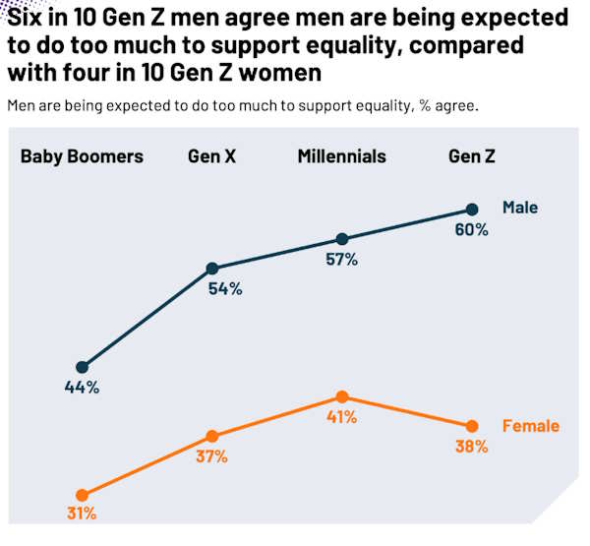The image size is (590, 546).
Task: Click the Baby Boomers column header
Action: click(x=82, y=156)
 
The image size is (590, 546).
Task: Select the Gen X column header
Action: click(x=211, y=156)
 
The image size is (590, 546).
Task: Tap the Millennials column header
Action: click(x=341, y=156)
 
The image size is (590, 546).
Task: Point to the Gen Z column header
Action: click(x=471, y=156)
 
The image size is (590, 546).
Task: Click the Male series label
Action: click(x=520, y=208)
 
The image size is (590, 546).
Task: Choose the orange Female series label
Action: click(x=530, y=426)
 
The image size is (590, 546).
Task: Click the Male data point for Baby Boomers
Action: click(x=82, y=367)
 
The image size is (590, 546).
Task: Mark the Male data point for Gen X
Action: click(x=211, y=269)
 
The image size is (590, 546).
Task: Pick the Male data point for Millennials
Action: click(x=341, y=239)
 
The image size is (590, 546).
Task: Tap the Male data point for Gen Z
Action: click(x=472, y=210)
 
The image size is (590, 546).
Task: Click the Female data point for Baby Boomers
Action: click(x=82, y=495)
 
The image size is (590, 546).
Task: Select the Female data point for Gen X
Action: click(x=211, y=436)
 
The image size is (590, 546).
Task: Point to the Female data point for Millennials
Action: click(x=341, y=396)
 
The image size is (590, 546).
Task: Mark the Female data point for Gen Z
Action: click(x=472, y=426)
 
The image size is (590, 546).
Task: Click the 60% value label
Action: click(x=471, y=230)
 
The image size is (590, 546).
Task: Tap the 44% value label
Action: click(x=82, y=388)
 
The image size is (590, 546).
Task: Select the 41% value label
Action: click(x=341, y=417)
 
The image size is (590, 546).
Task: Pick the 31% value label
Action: click(x=82, y=514)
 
